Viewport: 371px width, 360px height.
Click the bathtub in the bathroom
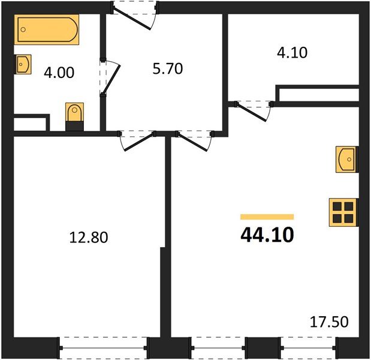pos(47,29)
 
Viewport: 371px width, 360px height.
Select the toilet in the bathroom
pos(74,115)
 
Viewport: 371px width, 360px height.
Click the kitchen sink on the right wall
pos(347,159)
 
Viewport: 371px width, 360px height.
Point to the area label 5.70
pos(166,68)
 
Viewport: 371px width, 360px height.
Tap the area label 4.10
pos(291,53)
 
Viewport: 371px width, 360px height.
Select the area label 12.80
pos(89,238)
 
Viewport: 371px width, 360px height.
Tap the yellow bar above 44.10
pos(267,217)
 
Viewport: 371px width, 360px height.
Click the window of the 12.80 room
pos(104,346)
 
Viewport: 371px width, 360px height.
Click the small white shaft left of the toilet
pos(29,124)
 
